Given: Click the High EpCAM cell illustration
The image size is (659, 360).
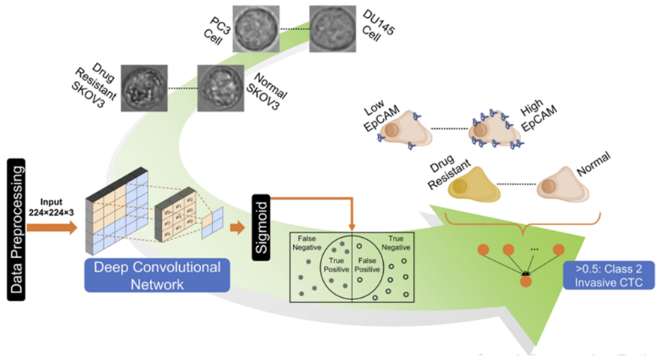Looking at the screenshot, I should tap(489, 135).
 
